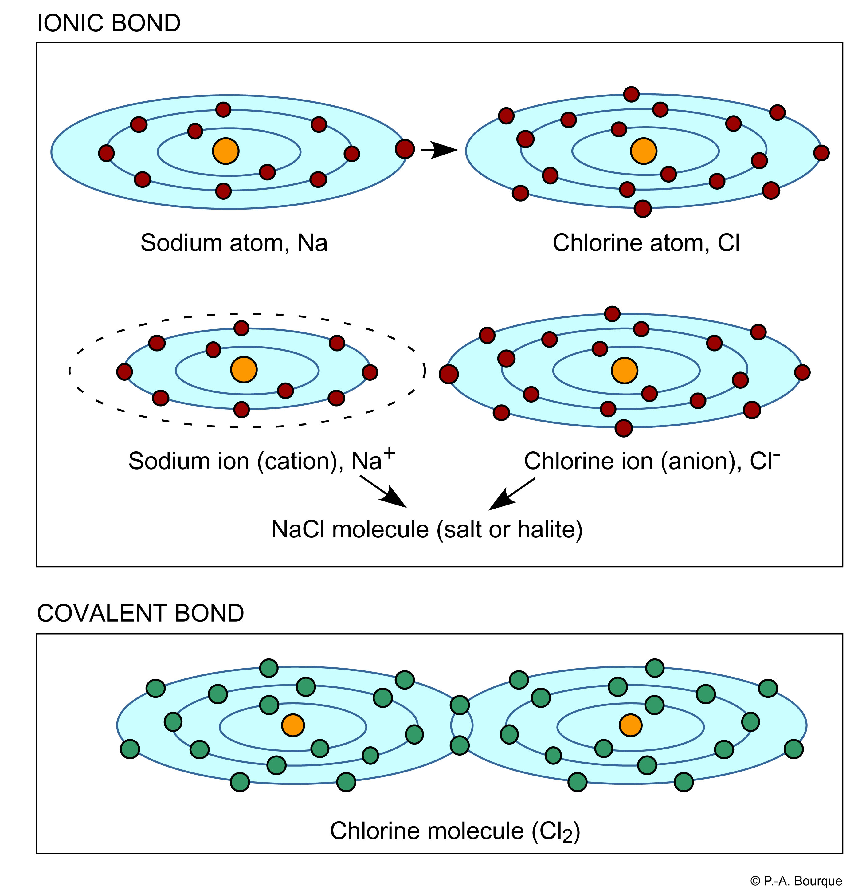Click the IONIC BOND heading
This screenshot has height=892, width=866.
pyautogui.click(x=108, y=23)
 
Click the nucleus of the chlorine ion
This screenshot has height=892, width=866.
pyautogui.click(x=624, y=370)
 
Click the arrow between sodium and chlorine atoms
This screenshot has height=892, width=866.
pyautogui.click(x=439, y=150)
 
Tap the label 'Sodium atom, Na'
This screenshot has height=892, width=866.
pyautogui.click(x=234, y=242)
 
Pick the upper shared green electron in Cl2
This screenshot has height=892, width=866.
pyautogui.click(x=460, y=705)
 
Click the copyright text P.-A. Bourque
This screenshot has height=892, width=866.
pyautogui.click(x=796, y=881)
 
